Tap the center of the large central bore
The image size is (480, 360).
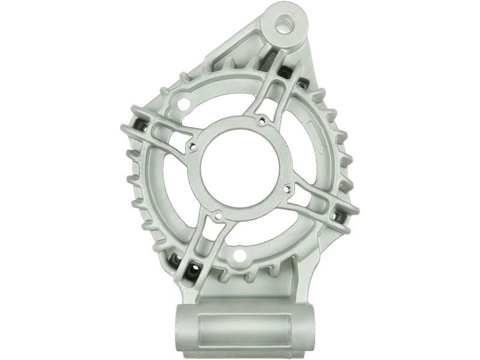(239, 165)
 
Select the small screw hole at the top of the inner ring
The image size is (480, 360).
(261, 122)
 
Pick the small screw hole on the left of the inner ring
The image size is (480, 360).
(192, 145)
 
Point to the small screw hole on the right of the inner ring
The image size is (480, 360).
(286, 188)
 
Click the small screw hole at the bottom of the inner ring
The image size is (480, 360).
(218, 215)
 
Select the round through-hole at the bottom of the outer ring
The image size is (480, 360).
(239, 256)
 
